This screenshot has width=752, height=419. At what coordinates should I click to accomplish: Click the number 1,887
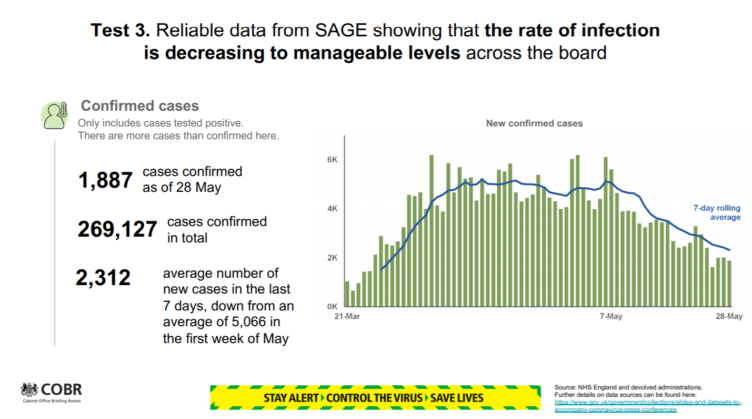click(x=105, y=180)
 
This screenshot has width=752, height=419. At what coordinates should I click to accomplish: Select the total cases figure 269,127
click(x=117, y=230)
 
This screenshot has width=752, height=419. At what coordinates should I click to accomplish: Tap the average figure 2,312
click(x=103, y=278)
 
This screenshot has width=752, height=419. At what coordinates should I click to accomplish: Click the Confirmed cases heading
click(x=139, y=106)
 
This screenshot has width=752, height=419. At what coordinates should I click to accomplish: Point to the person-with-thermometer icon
click(x=55, y=115)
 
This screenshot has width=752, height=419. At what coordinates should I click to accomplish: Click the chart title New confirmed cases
click(x=534, y=123)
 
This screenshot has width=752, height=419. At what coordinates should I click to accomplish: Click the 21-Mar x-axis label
click(x=347, y=317)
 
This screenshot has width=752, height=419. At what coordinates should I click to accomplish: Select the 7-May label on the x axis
click(x=611, y=317)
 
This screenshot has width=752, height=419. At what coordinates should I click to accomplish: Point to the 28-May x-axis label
click(x=729, y=317)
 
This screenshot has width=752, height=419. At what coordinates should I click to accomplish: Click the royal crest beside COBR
click(x=29, y=391)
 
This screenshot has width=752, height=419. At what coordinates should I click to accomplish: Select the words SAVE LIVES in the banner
click(x=457, y=397)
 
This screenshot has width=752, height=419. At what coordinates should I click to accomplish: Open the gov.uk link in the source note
click(x=647, y=405)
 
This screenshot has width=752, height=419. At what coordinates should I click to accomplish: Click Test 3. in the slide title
click(x=121, y=30)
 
